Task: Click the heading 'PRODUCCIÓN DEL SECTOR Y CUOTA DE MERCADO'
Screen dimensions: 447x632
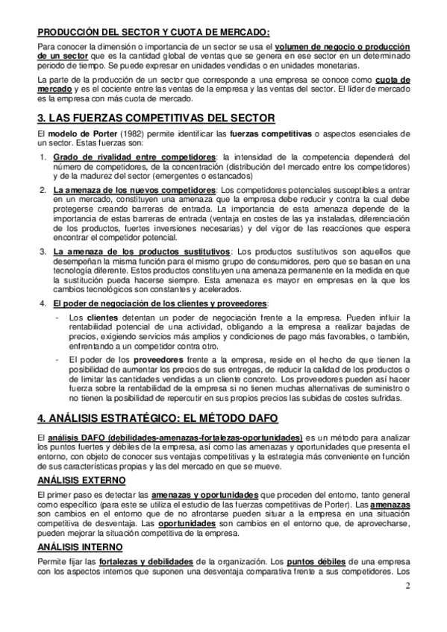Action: (154, 31)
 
